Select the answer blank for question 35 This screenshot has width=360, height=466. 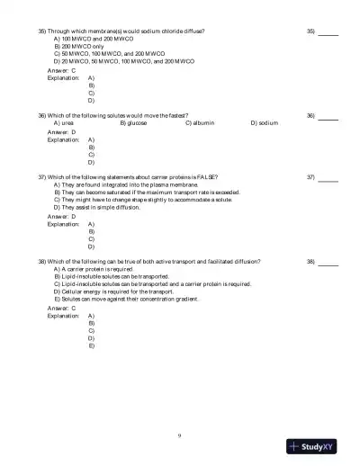click(328, 32)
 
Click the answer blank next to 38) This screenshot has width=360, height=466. click(328, 263)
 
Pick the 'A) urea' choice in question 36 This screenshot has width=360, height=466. click(64, 123)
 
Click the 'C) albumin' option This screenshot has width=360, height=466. click(202, 123)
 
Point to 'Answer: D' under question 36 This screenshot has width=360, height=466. click(61, 131)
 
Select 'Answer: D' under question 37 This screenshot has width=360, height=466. click(61, 216)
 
